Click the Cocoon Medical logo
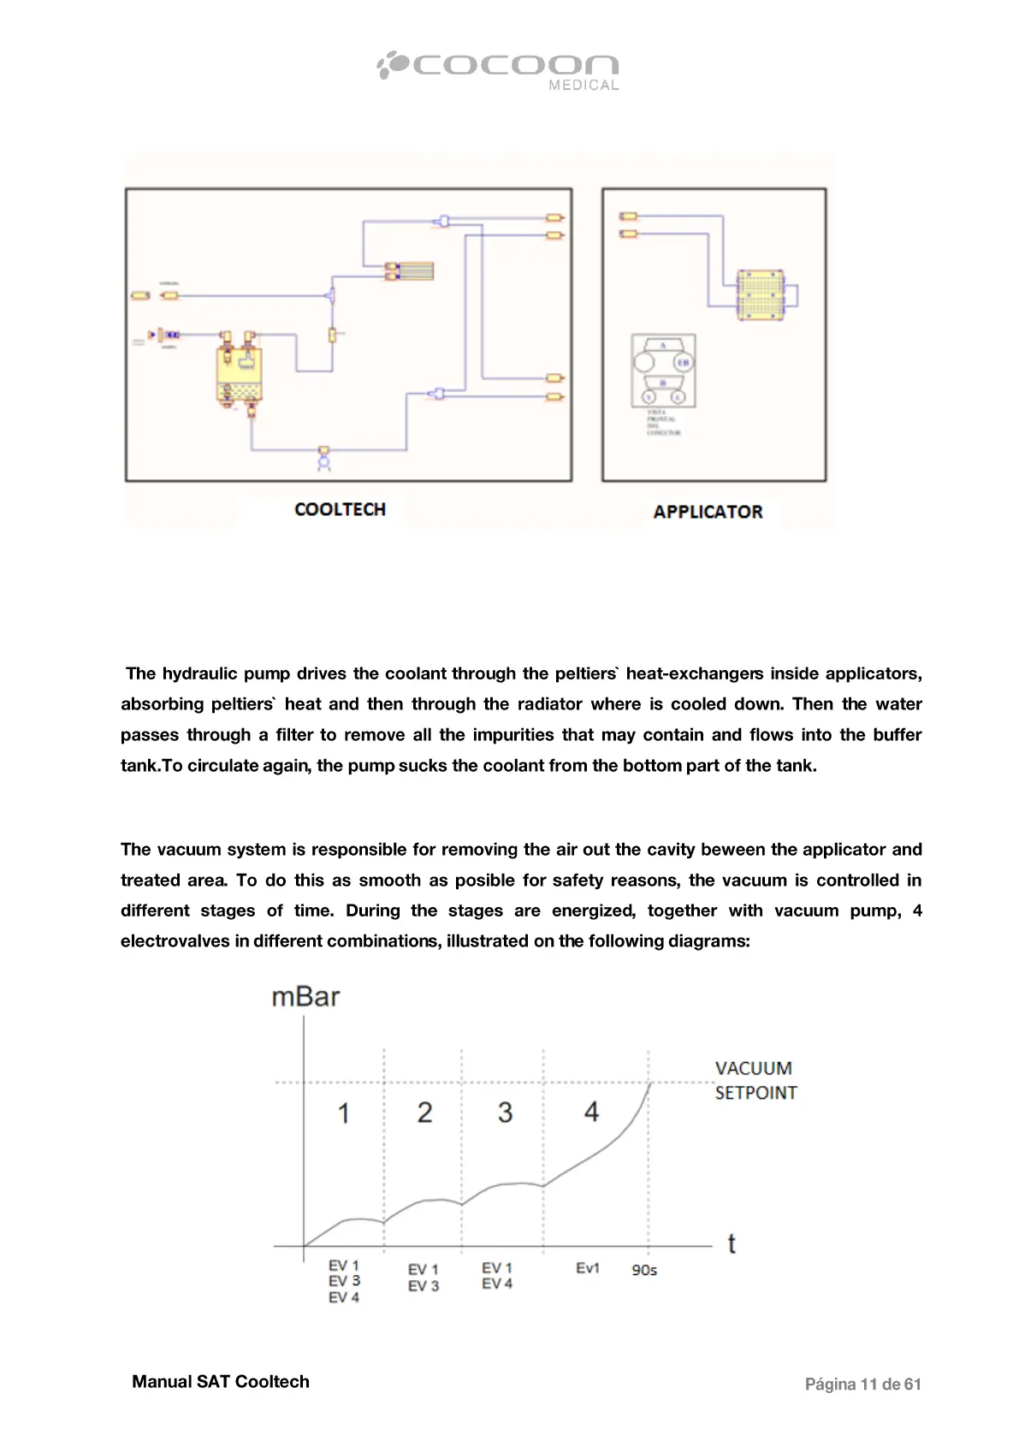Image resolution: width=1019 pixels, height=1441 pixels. point(498,69)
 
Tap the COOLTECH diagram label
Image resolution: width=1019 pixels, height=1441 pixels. point(340,509)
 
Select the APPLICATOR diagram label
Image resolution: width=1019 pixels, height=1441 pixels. point(708,512)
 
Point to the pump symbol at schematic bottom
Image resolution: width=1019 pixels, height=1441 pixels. point(323,458)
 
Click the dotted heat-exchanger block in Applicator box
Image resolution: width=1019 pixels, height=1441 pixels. point(760,295)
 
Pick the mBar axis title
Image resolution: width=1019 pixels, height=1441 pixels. point(305,997)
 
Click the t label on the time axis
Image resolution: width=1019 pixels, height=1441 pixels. point(732,1243)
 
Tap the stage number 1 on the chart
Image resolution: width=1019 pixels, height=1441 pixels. point(343,1113)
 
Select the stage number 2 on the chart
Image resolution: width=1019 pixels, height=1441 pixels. point(424,1112)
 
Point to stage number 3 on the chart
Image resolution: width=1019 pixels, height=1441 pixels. point(505,1112)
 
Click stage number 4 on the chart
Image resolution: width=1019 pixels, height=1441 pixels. point(591,1112)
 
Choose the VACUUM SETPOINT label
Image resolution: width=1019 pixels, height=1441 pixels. point(755,1080)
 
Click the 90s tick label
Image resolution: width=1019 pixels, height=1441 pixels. point(644,1270)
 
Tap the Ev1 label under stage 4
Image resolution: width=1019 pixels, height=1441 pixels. point(588,1268)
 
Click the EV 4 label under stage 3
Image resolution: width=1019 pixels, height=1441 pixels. point(497,1284)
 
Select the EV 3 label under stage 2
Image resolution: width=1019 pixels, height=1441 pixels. point(424,1286)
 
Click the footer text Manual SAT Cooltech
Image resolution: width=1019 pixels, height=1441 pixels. point(221,1381)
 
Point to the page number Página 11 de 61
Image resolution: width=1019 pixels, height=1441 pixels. point(862,1384)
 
